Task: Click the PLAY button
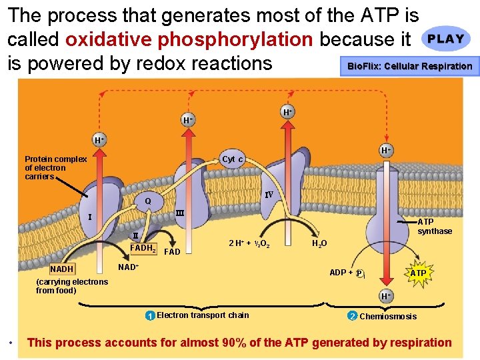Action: point(446,39)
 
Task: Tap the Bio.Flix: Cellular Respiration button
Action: point(409,66)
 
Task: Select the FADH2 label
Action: point(143,249)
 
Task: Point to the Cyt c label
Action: point(233,159)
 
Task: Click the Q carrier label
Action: point(148,201)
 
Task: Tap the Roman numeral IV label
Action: point(269,195)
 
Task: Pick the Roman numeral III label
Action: point(179,213)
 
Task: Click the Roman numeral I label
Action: point(90,217)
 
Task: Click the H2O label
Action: point(319,244)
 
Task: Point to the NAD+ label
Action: point(128,267)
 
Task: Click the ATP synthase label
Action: point(434,227)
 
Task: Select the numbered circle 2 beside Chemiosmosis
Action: point(353,316)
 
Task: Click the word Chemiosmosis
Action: point(388,317)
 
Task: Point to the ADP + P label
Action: point(347,273)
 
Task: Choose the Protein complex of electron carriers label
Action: point(55,168)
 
